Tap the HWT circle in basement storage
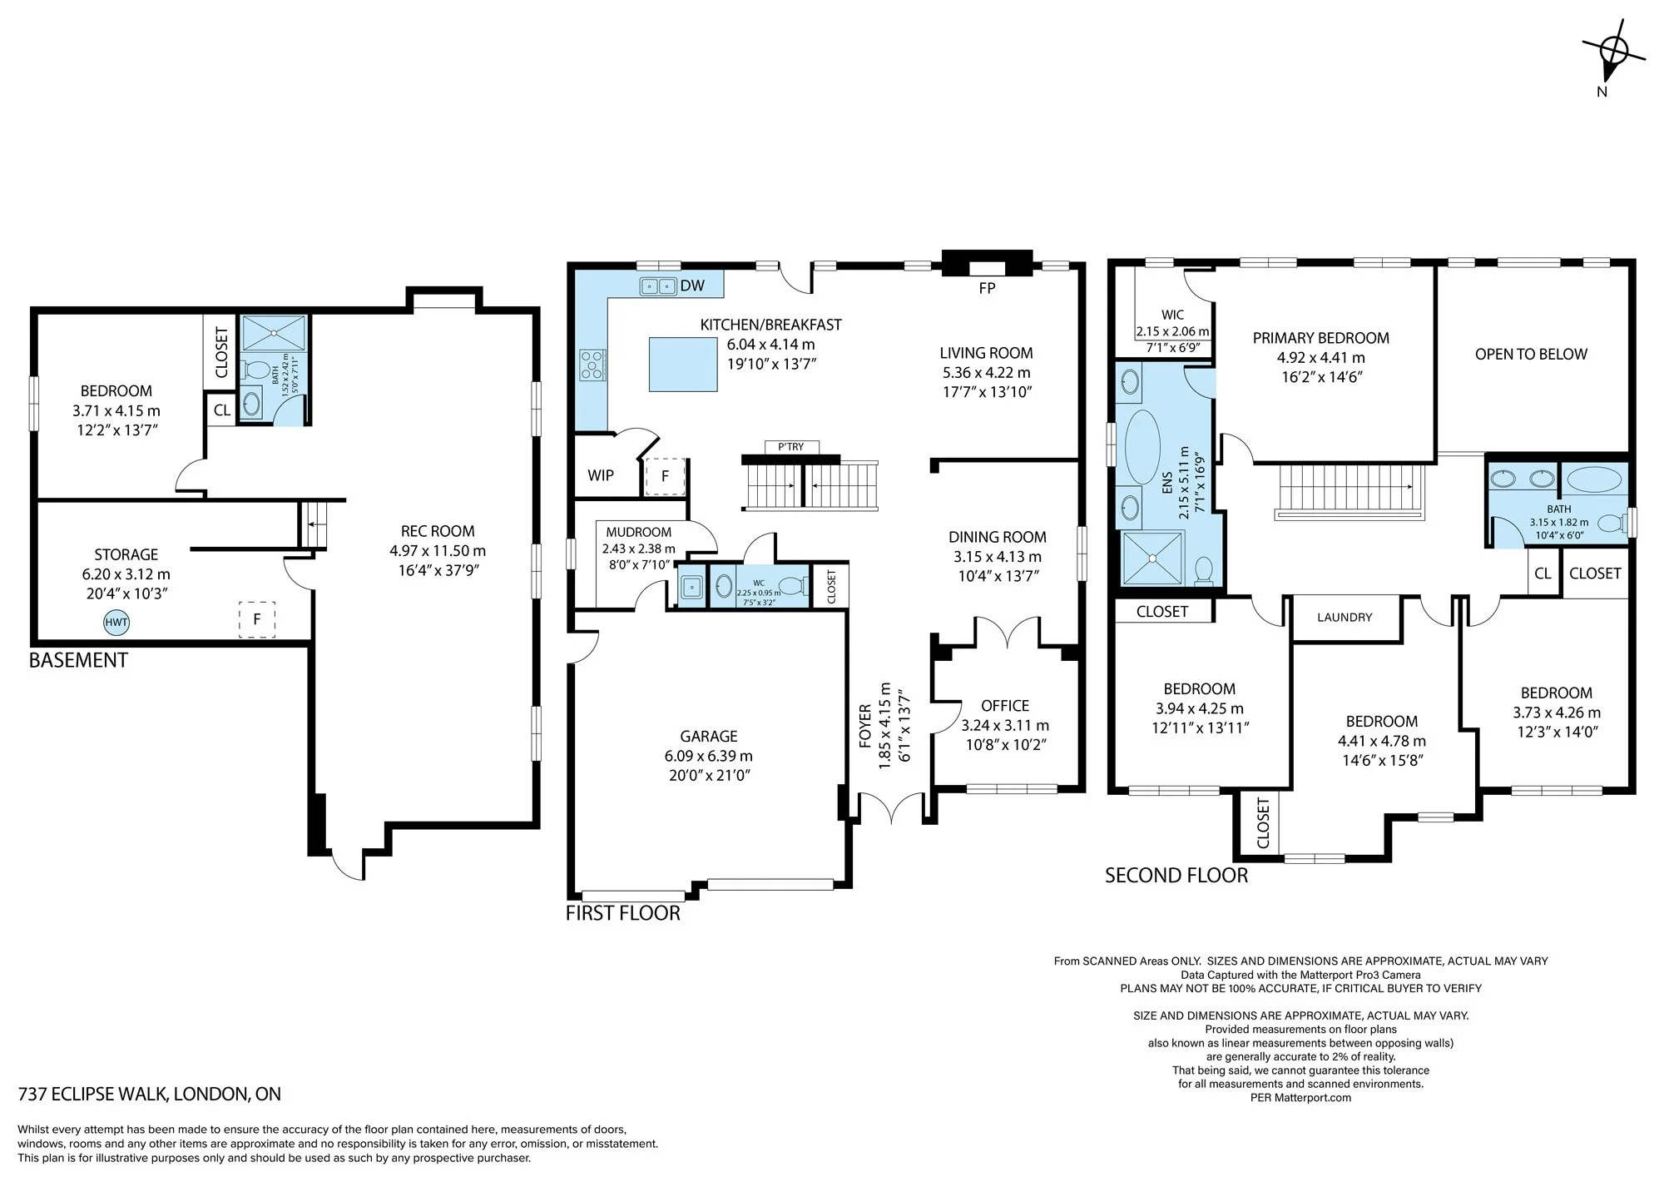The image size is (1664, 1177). pos(116,622)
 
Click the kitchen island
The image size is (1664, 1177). pos(683,364)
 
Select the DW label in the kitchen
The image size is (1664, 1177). pos(692,286)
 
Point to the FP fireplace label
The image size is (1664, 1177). pos(988,288)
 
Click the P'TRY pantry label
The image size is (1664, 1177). pos(790,447)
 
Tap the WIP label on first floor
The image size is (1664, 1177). pos(601,475)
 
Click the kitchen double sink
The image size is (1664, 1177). pos(658,286)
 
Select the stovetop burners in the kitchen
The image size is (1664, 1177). pos(592,365)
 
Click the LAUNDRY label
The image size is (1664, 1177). pos(1345,618)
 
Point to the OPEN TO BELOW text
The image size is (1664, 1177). pos(1531,354)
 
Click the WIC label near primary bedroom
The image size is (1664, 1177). pos(1172,315)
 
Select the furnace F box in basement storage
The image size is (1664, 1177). pos(257,619)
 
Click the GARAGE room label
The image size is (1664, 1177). pos(709,736)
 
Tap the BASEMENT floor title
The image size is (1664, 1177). pos(78,660)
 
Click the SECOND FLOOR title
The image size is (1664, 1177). pos(1176,875)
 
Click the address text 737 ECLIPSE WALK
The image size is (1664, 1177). pos(95,1094)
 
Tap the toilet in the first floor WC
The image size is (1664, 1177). pos(794,585)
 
